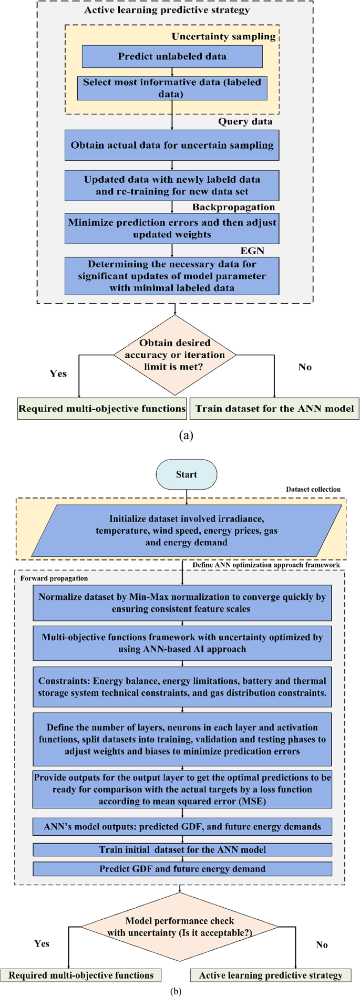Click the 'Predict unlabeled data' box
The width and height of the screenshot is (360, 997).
[172, 56]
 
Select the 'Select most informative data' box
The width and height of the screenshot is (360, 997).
[172, 88]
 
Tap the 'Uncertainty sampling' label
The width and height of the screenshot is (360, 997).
[223, 36]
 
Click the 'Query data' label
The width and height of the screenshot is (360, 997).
[245, 121]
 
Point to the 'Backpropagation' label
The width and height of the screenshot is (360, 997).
[233, 207]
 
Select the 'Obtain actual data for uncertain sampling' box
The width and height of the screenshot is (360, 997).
[172, 145]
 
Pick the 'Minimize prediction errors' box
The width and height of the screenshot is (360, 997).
[172, 228]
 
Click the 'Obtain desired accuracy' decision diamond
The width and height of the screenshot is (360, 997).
[174, 355]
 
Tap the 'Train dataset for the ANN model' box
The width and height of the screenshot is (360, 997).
[274, 408]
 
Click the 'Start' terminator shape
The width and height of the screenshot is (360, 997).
[186, 474]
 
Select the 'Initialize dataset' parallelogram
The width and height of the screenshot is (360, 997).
[186, 531]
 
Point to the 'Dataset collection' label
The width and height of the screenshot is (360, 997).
[313, 489]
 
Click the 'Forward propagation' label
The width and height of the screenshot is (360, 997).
[54, 578]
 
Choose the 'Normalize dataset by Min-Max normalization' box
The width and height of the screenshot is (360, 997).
[182, 603]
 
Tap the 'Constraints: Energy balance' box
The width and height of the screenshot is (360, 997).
[182, 687]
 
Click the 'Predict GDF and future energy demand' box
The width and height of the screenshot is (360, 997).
[182, 868]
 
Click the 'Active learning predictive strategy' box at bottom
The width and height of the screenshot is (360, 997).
[270, 975]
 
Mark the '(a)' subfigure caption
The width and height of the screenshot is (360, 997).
[186, 435]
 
